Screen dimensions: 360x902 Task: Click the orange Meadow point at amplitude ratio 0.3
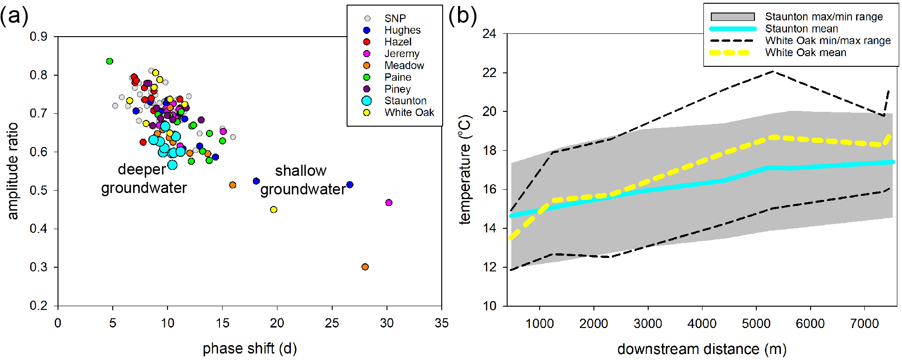(365, 267)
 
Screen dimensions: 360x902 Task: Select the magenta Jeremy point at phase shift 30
(389, 203)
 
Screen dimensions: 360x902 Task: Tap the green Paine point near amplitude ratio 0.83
(110, 61)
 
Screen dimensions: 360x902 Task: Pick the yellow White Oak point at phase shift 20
(274, 210)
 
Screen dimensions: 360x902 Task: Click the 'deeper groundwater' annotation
(143, 179)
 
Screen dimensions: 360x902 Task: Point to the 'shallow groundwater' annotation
(302, 180)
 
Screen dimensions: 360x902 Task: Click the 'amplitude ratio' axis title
(13, 171)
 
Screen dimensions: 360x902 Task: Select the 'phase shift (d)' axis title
(250, 348)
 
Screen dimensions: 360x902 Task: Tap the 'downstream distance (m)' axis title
(702, 349)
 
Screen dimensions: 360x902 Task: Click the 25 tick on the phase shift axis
(332, 323)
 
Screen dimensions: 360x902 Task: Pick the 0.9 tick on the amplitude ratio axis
(39, 37)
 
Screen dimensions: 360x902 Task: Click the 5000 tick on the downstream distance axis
(756, 323)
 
